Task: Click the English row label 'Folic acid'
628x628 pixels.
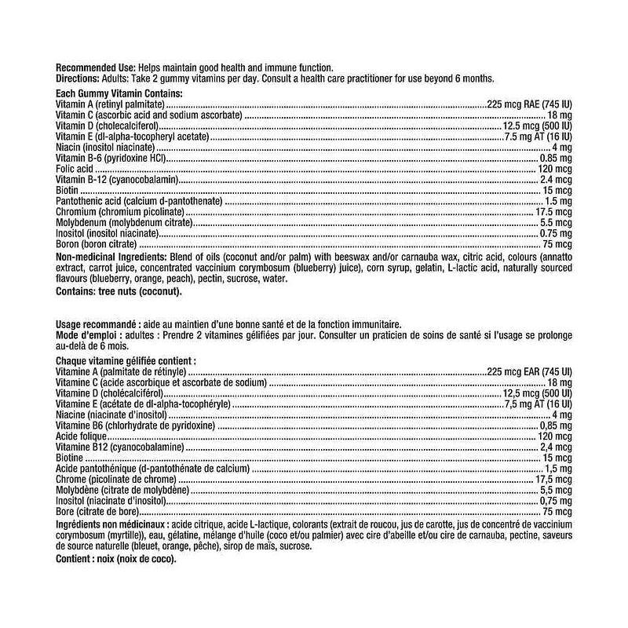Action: click(75, 169)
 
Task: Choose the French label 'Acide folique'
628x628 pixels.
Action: click(82, 435)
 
